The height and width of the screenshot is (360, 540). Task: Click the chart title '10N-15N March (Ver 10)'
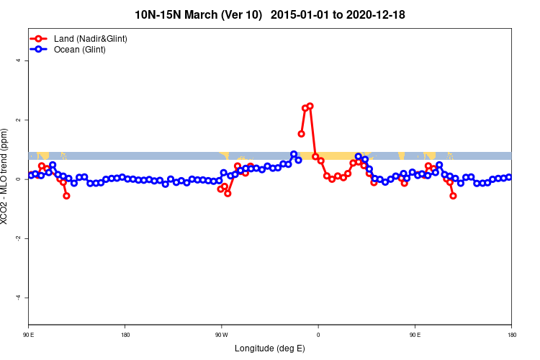[x=199, y=14]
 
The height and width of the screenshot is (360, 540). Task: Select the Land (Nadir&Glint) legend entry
[x=90, y=38]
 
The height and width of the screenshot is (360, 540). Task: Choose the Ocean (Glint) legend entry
[x=79, y=50]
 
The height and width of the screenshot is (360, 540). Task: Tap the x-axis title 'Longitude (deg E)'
[x=270, y=348]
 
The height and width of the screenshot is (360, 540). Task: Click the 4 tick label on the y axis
[x=19, y=60]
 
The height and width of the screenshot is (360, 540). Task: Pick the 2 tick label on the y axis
[x=19, y=120]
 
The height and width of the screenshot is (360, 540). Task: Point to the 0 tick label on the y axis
[x=19, y=179]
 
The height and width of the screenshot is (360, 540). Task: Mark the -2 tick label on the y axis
[x=19, y=238]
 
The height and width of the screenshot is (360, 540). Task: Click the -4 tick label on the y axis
[x=19, y=297]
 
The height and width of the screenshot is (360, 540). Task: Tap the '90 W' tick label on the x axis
[x=221, y=335]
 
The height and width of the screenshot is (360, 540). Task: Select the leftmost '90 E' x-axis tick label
[x=29, y=335]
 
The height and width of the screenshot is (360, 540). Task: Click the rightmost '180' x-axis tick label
[x=511, y=335]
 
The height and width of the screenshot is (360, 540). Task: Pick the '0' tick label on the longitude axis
[x=318, y=335]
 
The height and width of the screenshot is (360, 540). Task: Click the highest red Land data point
[x=310, y=106]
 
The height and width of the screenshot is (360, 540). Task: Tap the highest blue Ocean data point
[x=294, y=154]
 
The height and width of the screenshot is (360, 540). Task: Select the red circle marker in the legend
[x=42, y=38]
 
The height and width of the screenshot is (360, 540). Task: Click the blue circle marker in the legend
[x=42, y=50]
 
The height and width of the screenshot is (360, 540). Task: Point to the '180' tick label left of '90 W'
[x=125, y=335]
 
